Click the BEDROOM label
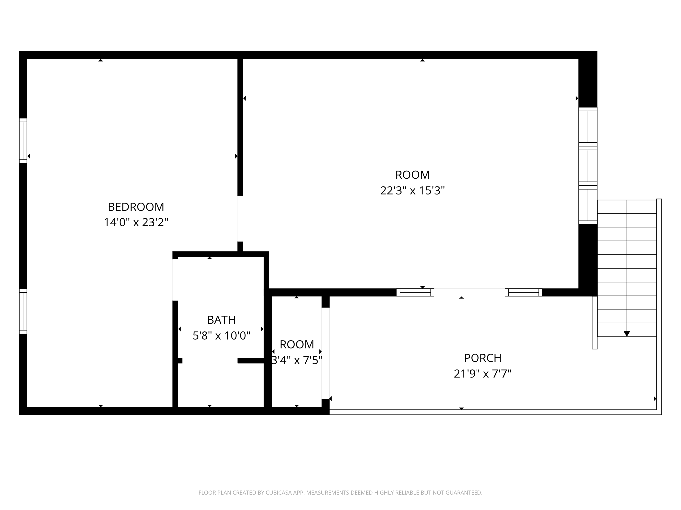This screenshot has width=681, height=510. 136,207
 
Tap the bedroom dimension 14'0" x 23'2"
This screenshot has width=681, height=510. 136,222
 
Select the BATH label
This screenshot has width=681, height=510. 221,320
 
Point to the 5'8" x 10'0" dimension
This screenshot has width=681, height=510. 221,336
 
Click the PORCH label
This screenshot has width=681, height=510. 482,358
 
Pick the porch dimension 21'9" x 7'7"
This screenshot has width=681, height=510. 482,374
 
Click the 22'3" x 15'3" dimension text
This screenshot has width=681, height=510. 412,191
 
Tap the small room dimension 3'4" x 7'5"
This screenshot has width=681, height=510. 297,360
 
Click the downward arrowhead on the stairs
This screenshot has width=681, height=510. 627,334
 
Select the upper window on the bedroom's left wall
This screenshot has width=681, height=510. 23,141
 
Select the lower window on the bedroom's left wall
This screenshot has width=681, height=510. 23,311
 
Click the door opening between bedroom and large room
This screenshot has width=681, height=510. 240,218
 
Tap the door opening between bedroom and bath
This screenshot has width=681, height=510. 175,280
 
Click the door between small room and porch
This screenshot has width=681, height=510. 325,353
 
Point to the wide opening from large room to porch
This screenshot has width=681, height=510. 469,292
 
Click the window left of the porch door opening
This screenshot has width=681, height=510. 415,292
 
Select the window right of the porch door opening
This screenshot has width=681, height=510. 524,292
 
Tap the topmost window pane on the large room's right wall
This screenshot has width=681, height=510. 588,127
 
